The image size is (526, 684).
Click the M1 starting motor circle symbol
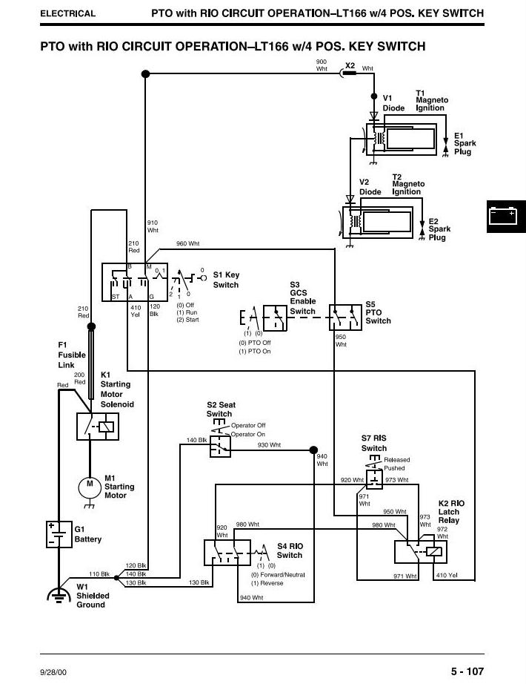(90, 487)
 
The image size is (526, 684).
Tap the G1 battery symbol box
(59, 534)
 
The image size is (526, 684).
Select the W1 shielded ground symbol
(59, 595)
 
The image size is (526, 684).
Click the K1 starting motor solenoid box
(98, 426)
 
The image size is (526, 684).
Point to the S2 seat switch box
(220, 446)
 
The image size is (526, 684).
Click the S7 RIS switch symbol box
(374, 479)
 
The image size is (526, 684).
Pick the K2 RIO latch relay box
(421, 552)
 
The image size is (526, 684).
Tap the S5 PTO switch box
(345, 317)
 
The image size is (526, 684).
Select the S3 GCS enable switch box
(275, 318)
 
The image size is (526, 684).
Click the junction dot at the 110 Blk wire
(116, 578)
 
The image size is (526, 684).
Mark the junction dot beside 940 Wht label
(313, 450)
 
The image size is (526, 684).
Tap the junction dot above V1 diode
(374, 96)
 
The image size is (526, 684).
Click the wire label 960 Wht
(187, 243)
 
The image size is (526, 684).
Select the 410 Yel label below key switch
(136, 311)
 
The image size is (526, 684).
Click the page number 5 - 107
(467, 671)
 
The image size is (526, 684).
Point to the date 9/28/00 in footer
(53, 672)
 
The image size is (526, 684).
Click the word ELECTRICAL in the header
(67, 13)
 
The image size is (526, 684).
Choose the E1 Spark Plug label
(465, 143)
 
